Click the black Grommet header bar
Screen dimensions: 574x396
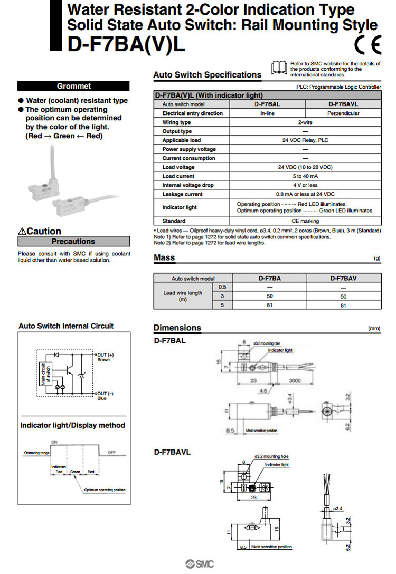[73, 86]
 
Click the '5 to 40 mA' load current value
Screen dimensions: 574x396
[306, 176]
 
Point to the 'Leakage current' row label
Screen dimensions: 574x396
[182, 194]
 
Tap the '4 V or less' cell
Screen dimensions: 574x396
[306, 185]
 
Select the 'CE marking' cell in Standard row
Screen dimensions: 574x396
[306, 221]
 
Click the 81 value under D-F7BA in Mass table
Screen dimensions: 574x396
[269, 305]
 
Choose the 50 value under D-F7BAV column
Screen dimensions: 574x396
[343, 296]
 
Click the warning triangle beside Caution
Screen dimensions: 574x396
[22, 232]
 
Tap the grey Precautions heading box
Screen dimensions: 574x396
[73, 241]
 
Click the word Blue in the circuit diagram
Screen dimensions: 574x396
[102, 398]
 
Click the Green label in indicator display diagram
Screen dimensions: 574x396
[76, 472]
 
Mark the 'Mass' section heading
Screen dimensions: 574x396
[164, 258]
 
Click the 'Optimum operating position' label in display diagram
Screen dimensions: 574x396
[105, 490]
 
